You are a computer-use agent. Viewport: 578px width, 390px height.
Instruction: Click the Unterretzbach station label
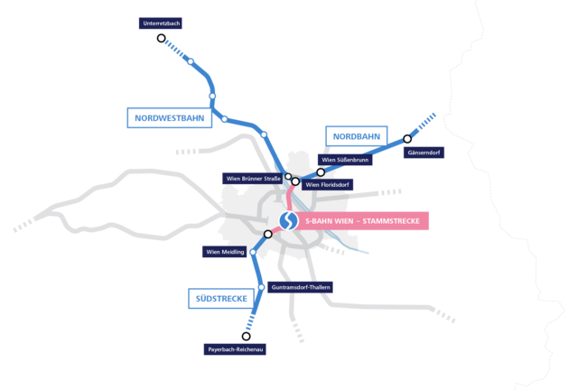(x=161, y=23)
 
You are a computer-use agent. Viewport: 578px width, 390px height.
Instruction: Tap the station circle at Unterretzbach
(x=161, y=38)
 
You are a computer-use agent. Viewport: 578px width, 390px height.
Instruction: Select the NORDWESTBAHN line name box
(x=170, y=118)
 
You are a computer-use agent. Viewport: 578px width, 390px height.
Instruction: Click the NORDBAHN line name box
(x=357, y=136)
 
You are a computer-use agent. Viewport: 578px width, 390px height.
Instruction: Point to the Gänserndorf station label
(x=424, y=153)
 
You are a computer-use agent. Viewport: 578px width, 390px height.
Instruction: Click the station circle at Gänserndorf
(x=407, y=139)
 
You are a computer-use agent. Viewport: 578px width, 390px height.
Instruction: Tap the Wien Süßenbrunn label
(x=345, y=160)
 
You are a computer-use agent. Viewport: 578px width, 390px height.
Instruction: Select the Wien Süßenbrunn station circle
(x=321, y=172)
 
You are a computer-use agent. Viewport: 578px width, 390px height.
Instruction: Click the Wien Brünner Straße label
(x=253, y=179)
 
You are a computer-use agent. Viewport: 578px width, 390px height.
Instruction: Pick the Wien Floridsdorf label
(x=327, y=185)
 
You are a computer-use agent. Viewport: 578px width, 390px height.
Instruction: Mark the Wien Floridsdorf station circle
(x=295, y=181)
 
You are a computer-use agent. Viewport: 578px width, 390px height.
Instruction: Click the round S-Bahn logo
(x=288, y=221)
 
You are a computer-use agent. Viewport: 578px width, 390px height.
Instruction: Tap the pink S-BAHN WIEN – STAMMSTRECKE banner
(x=362, y=221)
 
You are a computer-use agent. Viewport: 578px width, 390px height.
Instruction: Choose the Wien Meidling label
(x=225, y=252)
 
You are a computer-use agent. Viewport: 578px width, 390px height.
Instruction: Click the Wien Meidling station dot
(x=253, y=252)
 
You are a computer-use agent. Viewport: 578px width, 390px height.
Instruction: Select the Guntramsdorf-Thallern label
(x=300, y=287)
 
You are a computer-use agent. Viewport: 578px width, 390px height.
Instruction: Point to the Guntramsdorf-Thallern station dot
(x=261, y=287)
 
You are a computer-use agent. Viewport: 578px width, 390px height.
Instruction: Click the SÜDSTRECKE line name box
(x=221, y=299)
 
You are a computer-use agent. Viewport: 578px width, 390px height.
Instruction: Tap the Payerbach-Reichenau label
(x=235, y=349)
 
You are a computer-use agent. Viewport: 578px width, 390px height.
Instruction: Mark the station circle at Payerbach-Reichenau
(x=246, y=336)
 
